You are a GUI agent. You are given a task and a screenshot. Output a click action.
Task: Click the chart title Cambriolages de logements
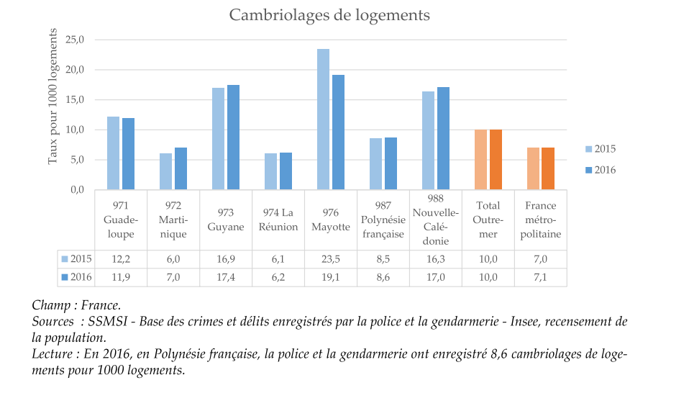click(x=329, y=15)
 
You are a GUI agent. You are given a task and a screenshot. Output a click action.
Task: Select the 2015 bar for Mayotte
click(x=324, y=119)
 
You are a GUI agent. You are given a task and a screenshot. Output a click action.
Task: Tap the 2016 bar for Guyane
click(x=233, y=137)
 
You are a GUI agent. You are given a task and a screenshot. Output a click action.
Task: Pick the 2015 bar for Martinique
click(x=166, y=171)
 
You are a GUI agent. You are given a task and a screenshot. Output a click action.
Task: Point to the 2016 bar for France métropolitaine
click(x=548, y=168)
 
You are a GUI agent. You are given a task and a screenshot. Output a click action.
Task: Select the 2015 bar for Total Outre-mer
click(x=480, y=160)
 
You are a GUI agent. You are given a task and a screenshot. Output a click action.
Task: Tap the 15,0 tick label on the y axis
click(x=75, y=99)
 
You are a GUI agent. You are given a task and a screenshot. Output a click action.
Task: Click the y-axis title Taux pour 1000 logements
click(x=53, y=102)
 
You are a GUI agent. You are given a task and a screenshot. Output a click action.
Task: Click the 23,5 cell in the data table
click(x=330, y=259)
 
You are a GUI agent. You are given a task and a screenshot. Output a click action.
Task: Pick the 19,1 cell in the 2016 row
click(x=330, y=277)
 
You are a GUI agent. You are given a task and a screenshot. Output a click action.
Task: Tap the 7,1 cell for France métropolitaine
click(x=541, y=277)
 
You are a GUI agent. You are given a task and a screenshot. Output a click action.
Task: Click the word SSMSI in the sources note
click(x=106, y=320)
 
